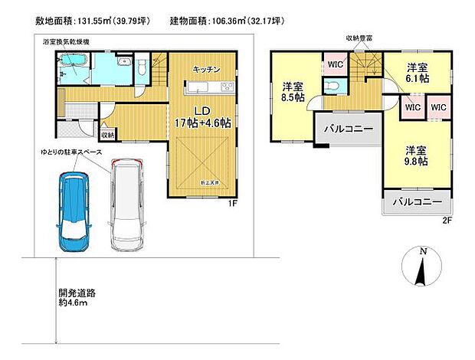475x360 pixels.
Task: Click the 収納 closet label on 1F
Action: coord(109,136)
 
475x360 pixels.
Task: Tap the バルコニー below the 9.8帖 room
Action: coord(417,203)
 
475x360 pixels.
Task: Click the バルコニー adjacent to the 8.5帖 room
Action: coord(346,128)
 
